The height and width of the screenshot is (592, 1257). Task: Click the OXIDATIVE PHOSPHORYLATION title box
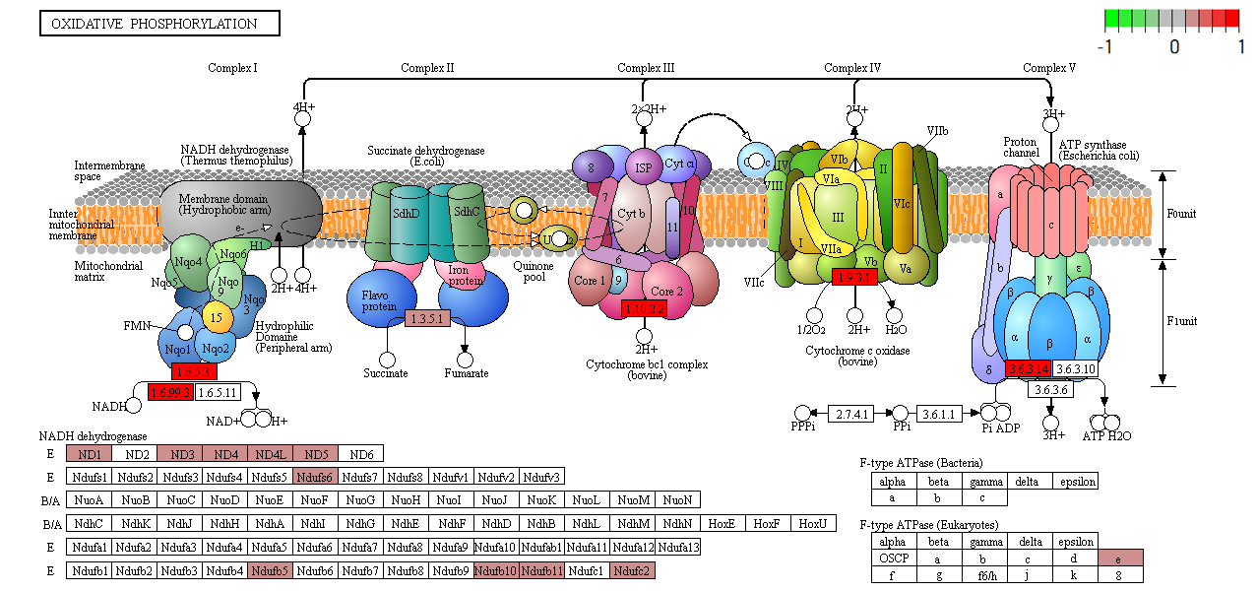click(159, 24)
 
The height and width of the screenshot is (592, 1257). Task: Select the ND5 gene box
click(315, 454)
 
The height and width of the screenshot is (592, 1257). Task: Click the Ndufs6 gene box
click(315, 478)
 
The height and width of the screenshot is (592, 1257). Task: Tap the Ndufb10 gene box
click(496, 571)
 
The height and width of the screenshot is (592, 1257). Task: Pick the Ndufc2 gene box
click(632, 571)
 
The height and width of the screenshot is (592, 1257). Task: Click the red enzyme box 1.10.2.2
click(645, 309)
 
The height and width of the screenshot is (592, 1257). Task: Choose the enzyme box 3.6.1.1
click(939, 414)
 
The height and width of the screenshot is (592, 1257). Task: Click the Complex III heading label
click(646, 68)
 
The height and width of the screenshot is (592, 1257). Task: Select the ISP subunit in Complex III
click(644, 167)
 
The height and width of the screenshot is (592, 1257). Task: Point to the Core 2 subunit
click(667, 292)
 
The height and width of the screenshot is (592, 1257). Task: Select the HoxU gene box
click(813, 524)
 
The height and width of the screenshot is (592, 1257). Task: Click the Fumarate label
click(466, 374)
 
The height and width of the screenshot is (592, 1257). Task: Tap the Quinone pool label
click(534, 272)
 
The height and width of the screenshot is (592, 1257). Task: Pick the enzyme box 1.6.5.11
click(219, 392)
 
